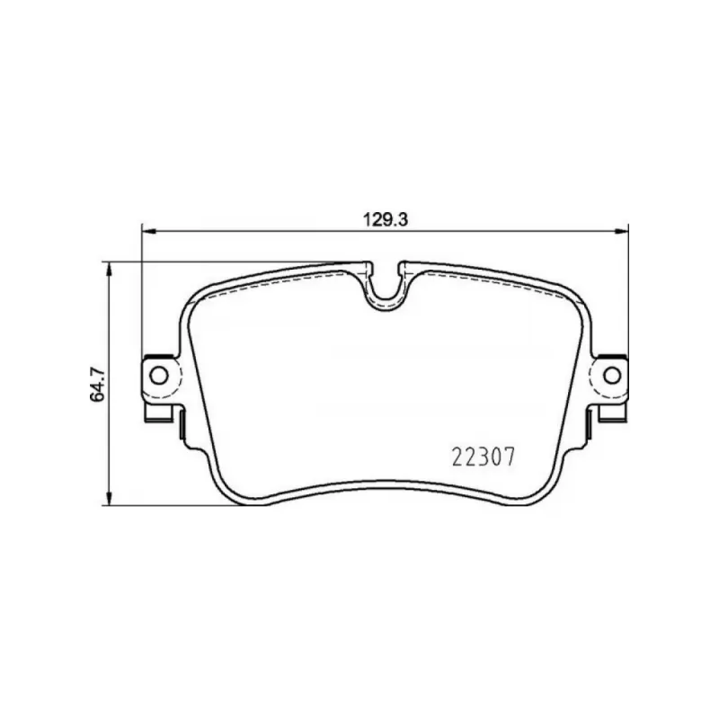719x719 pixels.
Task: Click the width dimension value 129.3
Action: (386, 220)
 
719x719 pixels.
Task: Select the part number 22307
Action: (484, 457)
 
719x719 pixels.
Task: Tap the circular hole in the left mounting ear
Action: (159, 376)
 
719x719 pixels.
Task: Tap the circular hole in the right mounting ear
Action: (612, 376)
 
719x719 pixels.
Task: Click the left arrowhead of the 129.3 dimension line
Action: (149, 232)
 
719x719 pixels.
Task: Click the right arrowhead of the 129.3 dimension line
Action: (621, 232)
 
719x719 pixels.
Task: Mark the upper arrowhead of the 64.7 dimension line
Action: (109, 270)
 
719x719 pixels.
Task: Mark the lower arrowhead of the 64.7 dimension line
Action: (109, 499)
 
